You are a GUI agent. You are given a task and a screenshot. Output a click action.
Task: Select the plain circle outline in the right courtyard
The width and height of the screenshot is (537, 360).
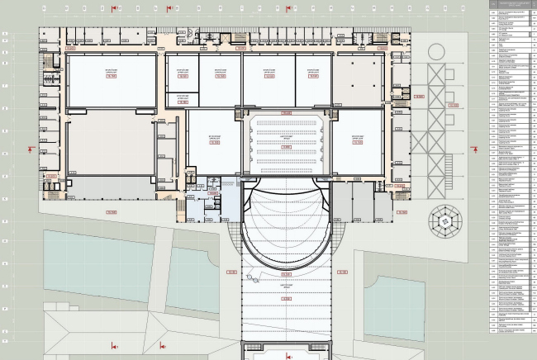[436, 53]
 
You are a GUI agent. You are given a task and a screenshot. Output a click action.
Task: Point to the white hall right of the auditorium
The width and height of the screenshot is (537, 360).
[357, 141]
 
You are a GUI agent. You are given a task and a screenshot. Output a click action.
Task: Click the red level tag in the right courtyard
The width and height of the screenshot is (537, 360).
[453, 105]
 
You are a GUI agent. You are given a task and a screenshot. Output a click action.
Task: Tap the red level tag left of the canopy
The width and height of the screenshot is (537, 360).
[233, 271]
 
